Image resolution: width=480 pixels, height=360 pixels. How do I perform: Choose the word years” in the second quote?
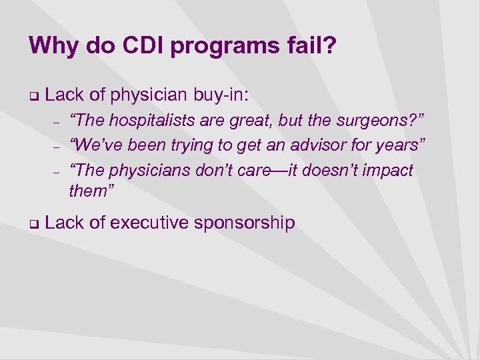(x=401, y=145)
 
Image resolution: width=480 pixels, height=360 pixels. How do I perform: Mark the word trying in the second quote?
(x=199, y=145)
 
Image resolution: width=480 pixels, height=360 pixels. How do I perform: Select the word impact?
(x=386, y=171)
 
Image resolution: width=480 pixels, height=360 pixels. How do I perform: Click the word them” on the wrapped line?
(x=92, y=192)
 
